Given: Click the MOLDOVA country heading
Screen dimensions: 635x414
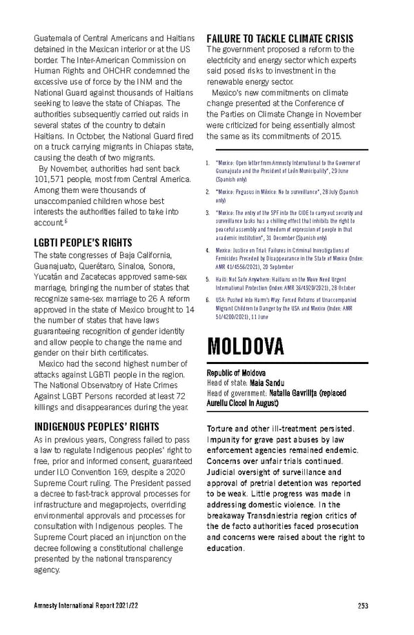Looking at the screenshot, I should coord(246,345).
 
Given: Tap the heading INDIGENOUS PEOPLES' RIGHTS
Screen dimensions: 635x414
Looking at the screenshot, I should coord(97,426).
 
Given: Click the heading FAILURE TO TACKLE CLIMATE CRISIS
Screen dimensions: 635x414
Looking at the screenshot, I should coord(280,38).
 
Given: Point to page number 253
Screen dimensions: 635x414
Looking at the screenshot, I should coord(363,606).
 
